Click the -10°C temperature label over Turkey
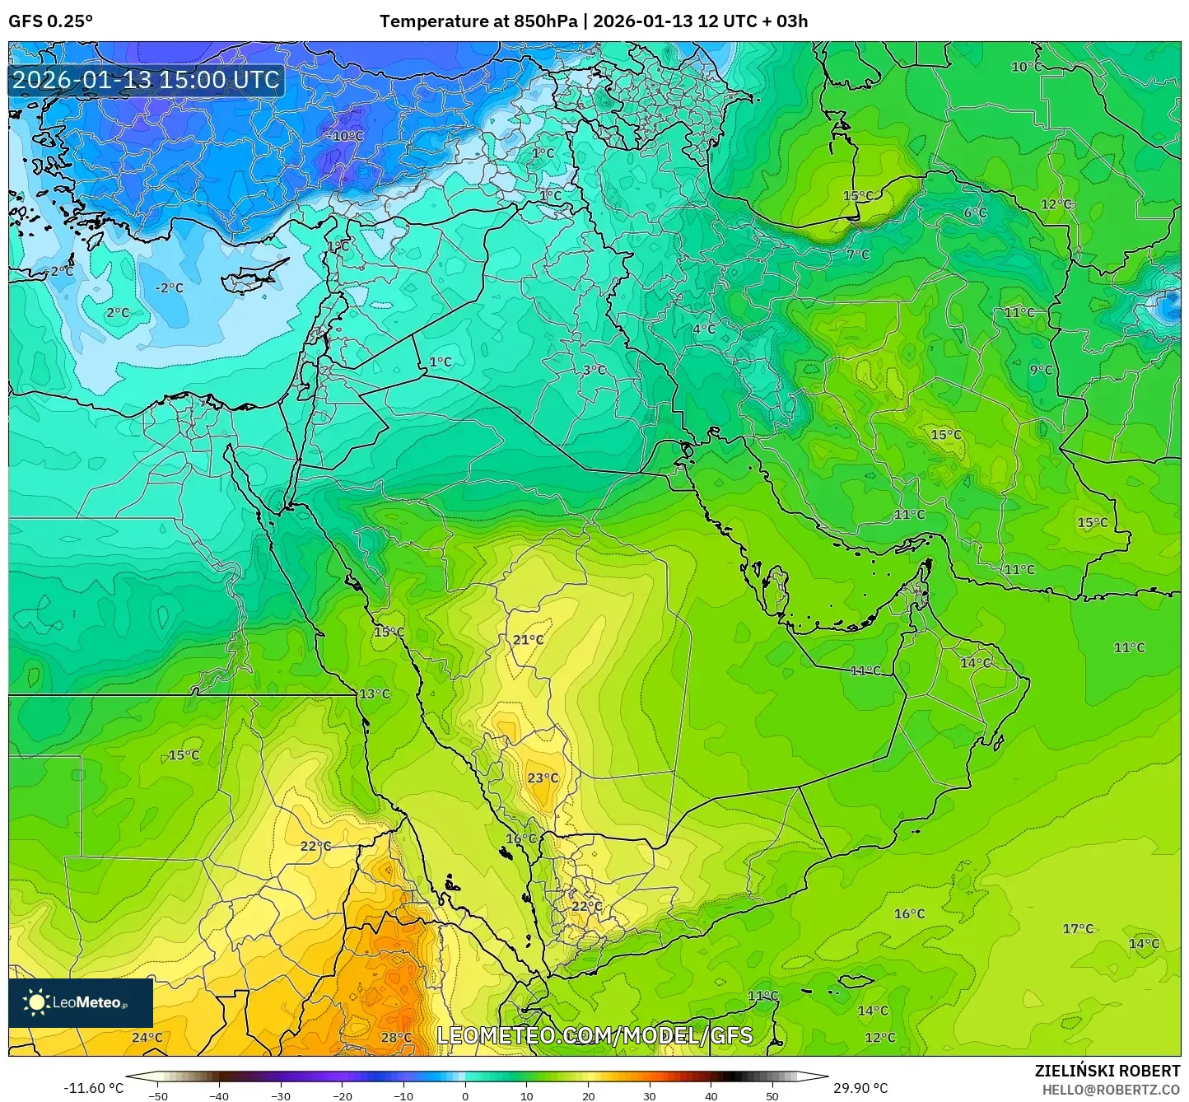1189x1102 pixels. [x=346, y=136]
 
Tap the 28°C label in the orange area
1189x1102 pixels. [x=396, y=1037]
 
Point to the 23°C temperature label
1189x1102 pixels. [x=543, y=777]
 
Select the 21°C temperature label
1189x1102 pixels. [x=528, y=639]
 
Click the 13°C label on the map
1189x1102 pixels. [x=375, y=693]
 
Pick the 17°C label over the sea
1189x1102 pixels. [x=1078, y=928]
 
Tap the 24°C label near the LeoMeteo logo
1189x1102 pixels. [x=147, y=1037]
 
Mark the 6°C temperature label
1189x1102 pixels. [x=975, y=212]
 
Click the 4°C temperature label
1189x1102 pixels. [x=703, y=329]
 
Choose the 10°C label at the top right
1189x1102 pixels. [x=1026, y=67]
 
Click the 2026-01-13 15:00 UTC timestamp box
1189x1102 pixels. [x=146, y=80]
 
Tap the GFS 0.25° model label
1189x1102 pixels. [x=51, y=21]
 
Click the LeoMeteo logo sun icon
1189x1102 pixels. [x=36, y=1002]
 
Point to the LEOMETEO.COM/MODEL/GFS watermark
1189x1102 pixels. [x=594, y=1034]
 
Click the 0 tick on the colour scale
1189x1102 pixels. [x=465, y=1095]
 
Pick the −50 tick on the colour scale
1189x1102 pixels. [x=158, y=1095]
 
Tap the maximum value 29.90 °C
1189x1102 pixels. [x=860, y=1087]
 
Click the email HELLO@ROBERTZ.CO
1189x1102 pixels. [x=1111, y=1089]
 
